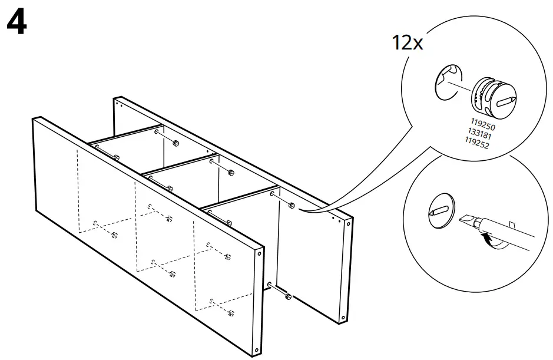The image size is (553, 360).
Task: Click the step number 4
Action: click(x=16, y=24)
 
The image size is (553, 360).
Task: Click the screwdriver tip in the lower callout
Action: click(x=465, y=219)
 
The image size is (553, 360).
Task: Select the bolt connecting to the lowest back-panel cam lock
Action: click(x=277, y=290)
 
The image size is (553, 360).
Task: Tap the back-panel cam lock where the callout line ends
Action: click(x=292, y=206)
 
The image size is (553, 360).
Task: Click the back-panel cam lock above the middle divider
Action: click(x=231, y=173)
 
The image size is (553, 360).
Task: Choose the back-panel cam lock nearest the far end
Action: click(x=175, y=143)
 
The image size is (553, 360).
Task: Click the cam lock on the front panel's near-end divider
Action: click(x=228, y=222)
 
